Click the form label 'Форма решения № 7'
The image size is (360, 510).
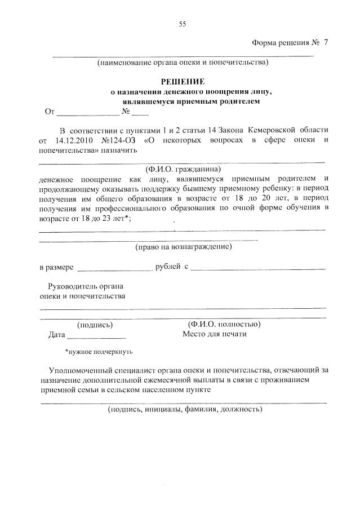(289, 43)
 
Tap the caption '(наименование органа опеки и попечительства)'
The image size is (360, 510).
(183, 62)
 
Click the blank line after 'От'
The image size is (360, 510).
(85, 112)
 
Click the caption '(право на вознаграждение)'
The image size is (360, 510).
(183, 246)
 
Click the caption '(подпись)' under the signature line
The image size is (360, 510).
(95, 325)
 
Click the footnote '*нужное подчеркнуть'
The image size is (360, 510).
(99, 352)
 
